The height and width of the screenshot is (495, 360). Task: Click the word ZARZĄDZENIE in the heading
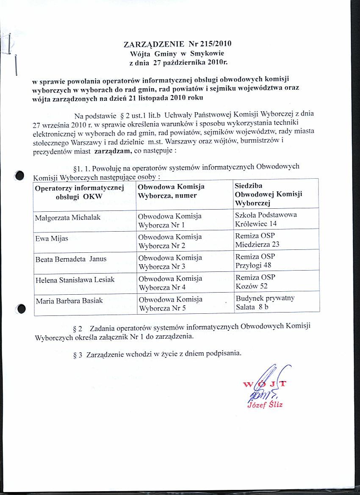click(154, 44)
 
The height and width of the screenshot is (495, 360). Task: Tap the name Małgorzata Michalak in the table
click(68, 217)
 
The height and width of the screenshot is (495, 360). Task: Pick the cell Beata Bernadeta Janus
click(71, 259)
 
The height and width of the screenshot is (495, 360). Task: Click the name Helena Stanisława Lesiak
click(75, 280)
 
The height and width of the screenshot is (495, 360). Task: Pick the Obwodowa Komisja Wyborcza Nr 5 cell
click(170, 304)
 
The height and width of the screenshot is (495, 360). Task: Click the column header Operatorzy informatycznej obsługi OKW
click(79, 191)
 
